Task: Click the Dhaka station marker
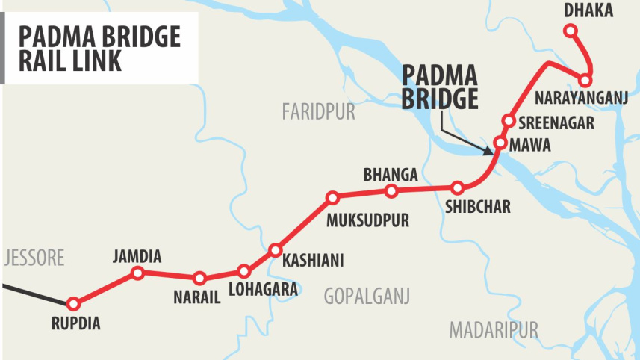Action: (x=571, y=31)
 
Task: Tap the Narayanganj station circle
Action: (x=585, y=80)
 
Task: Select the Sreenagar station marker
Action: (x=509, y=120)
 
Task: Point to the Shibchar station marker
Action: (x=458, y=188)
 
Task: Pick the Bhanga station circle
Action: (x=391, y=192)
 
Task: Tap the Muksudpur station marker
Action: (x=333, y=198)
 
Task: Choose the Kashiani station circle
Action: (x=276, y=249)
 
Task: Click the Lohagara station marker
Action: (x=243, y=271)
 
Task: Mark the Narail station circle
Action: (x=199, y=279)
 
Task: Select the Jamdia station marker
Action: (x=137, y=273)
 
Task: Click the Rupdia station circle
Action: (x=73, y=304)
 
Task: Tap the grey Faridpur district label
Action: (x=318, y=113)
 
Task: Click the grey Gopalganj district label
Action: (x=367, y=297)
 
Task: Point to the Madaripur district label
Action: (x=494, y=329)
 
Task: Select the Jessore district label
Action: (x=34, y=258)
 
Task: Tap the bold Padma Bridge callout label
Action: (x=440, y=88)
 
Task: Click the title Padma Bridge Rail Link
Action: (x=99, y=48)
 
